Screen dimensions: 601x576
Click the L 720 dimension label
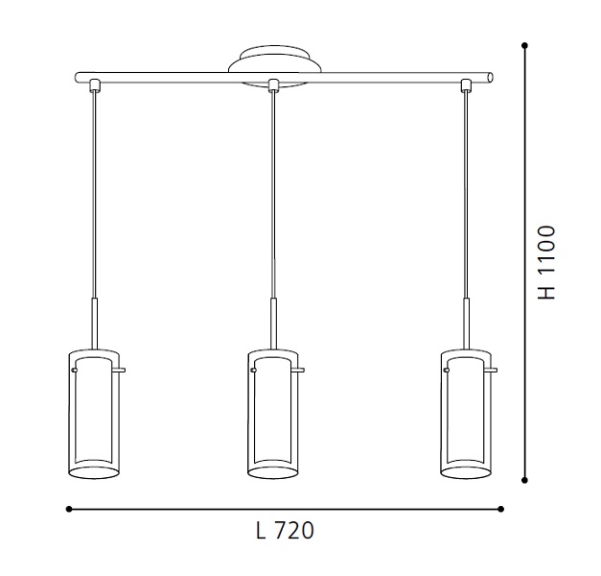pyautogui.click(x=285, y=531)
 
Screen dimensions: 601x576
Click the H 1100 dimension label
pyautogui.click(x=546, y=263)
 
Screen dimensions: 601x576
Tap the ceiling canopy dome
pyautogui.click(x=275, y=60)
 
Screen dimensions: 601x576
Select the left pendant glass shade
pyautogui.click(x=94, y=415)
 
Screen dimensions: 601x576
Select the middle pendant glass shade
pyautogui.click(x=273, y=415)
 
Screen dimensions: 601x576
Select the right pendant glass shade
pyautogui.click(x=466, y=415)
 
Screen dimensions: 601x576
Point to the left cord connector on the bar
pyautogui.click(x=95, y=85)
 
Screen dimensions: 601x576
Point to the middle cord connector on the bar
pyautogui.click(x=273, y=85)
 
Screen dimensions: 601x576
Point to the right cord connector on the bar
pyautogui.click(x=466, y=85)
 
